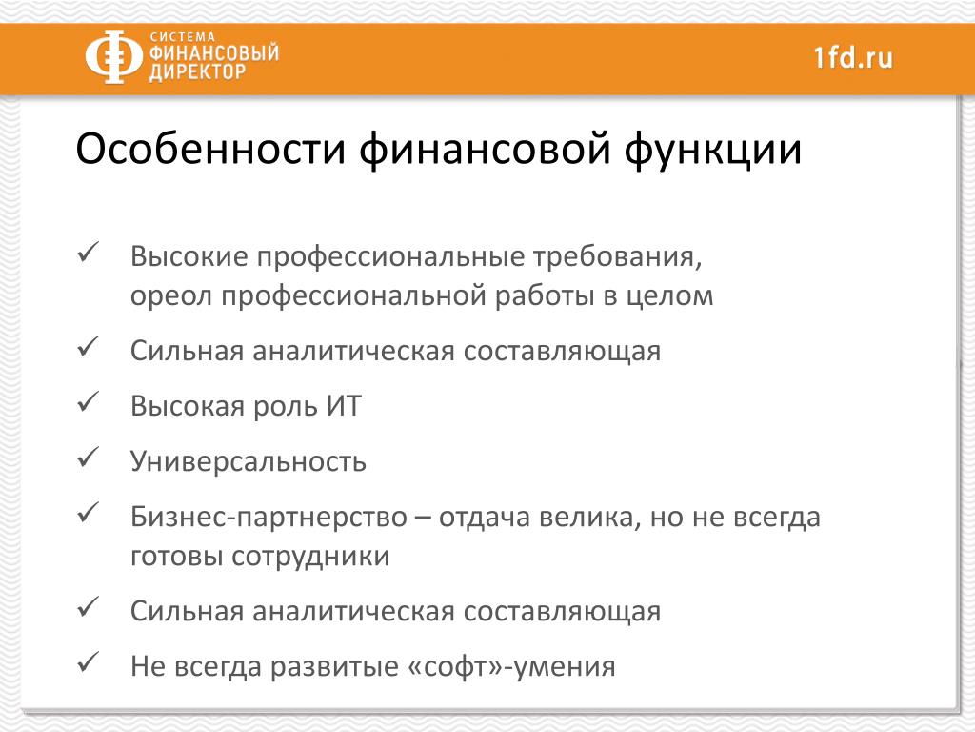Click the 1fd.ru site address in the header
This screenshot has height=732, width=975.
(853, 57)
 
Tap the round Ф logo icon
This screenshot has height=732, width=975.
(113, 56)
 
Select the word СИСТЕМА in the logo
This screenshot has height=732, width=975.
(182, 37)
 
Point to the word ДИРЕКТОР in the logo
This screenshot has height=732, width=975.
(197, 71)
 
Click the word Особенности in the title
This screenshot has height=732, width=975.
(210, 150)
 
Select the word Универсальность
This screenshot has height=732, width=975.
(249, 462)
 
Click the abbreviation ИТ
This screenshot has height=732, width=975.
(343, 406)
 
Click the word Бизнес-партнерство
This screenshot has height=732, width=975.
(269, 518)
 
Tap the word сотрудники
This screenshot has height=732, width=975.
(310, 557)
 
